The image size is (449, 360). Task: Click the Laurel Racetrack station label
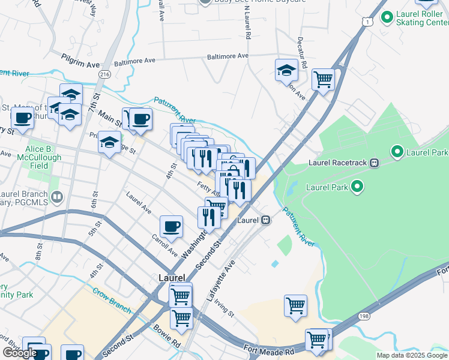point(337,162)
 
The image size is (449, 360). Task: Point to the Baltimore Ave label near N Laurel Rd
point(228,56)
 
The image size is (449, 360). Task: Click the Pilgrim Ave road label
point(80,59)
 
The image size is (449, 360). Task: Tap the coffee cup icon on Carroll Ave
point(172,226)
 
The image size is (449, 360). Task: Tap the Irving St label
point(225,308)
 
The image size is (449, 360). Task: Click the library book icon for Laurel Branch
point(57,196)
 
